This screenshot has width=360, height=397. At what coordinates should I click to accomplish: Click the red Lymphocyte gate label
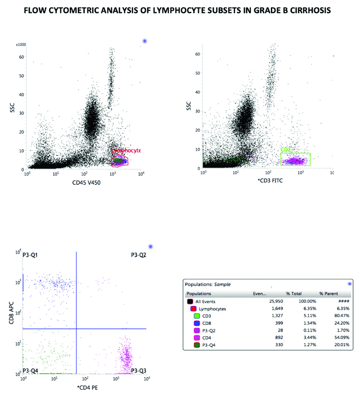click(125, 150)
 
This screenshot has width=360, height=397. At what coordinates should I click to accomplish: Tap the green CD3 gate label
click(285, 150)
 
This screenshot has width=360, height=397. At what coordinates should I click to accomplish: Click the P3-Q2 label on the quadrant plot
click(139, 255)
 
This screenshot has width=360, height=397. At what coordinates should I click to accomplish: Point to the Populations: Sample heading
click(208, 285)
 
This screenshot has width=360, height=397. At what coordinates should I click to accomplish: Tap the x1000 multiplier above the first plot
click(21, 45)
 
